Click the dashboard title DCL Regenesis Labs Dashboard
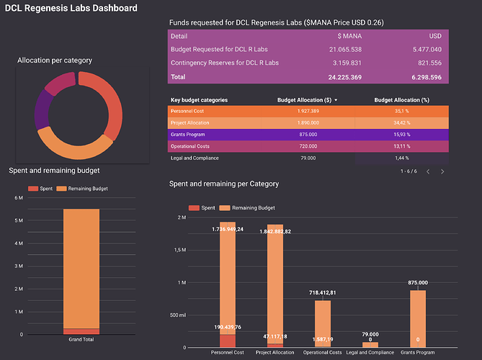point(71,8)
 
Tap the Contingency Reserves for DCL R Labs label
point(225,63)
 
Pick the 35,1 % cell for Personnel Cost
point(402,112)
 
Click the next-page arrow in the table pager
point(442,171)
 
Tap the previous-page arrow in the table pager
point(427,171)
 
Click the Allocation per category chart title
point(54,60)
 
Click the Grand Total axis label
point(81,340)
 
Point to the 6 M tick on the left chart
point(19,196)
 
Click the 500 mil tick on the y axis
point(177,315)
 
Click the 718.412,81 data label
point(323,294)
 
